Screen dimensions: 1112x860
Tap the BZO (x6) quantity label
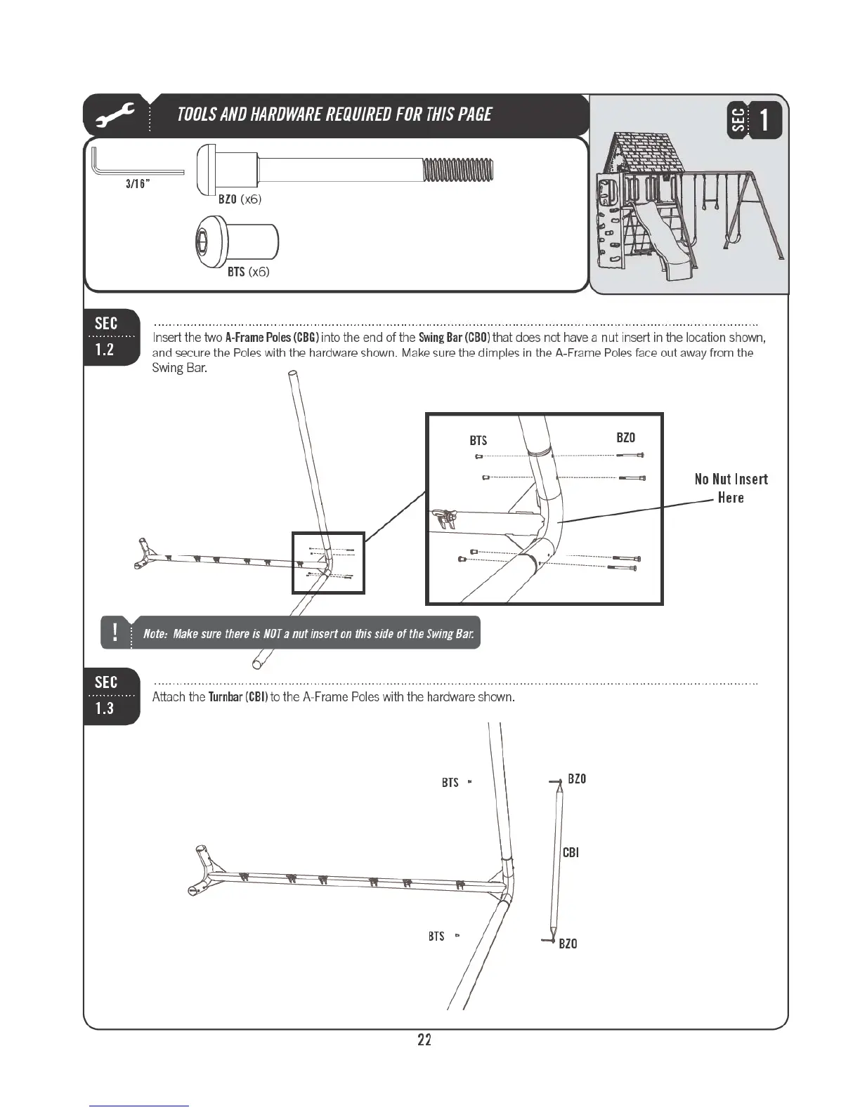point(240,199)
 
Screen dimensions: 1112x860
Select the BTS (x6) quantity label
point(248,272)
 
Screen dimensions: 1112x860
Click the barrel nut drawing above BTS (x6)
point(236,241)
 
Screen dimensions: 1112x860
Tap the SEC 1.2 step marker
point(107,337)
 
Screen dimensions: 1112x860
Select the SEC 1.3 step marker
point(107,696)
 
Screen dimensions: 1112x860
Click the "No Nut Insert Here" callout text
point(731,488)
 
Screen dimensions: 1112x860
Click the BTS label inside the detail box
point(478,441)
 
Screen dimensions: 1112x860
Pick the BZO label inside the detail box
point(625,438)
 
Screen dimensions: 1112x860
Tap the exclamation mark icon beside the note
point(114,632)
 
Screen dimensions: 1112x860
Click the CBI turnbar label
point(571,852)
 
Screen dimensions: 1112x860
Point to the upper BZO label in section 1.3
point(577,779)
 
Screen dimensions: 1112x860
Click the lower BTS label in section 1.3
point(436,936)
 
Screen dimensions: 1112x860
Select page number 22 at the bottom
point(424,1040)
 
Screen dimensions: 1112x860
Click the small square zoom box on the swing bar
point(328,562)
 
